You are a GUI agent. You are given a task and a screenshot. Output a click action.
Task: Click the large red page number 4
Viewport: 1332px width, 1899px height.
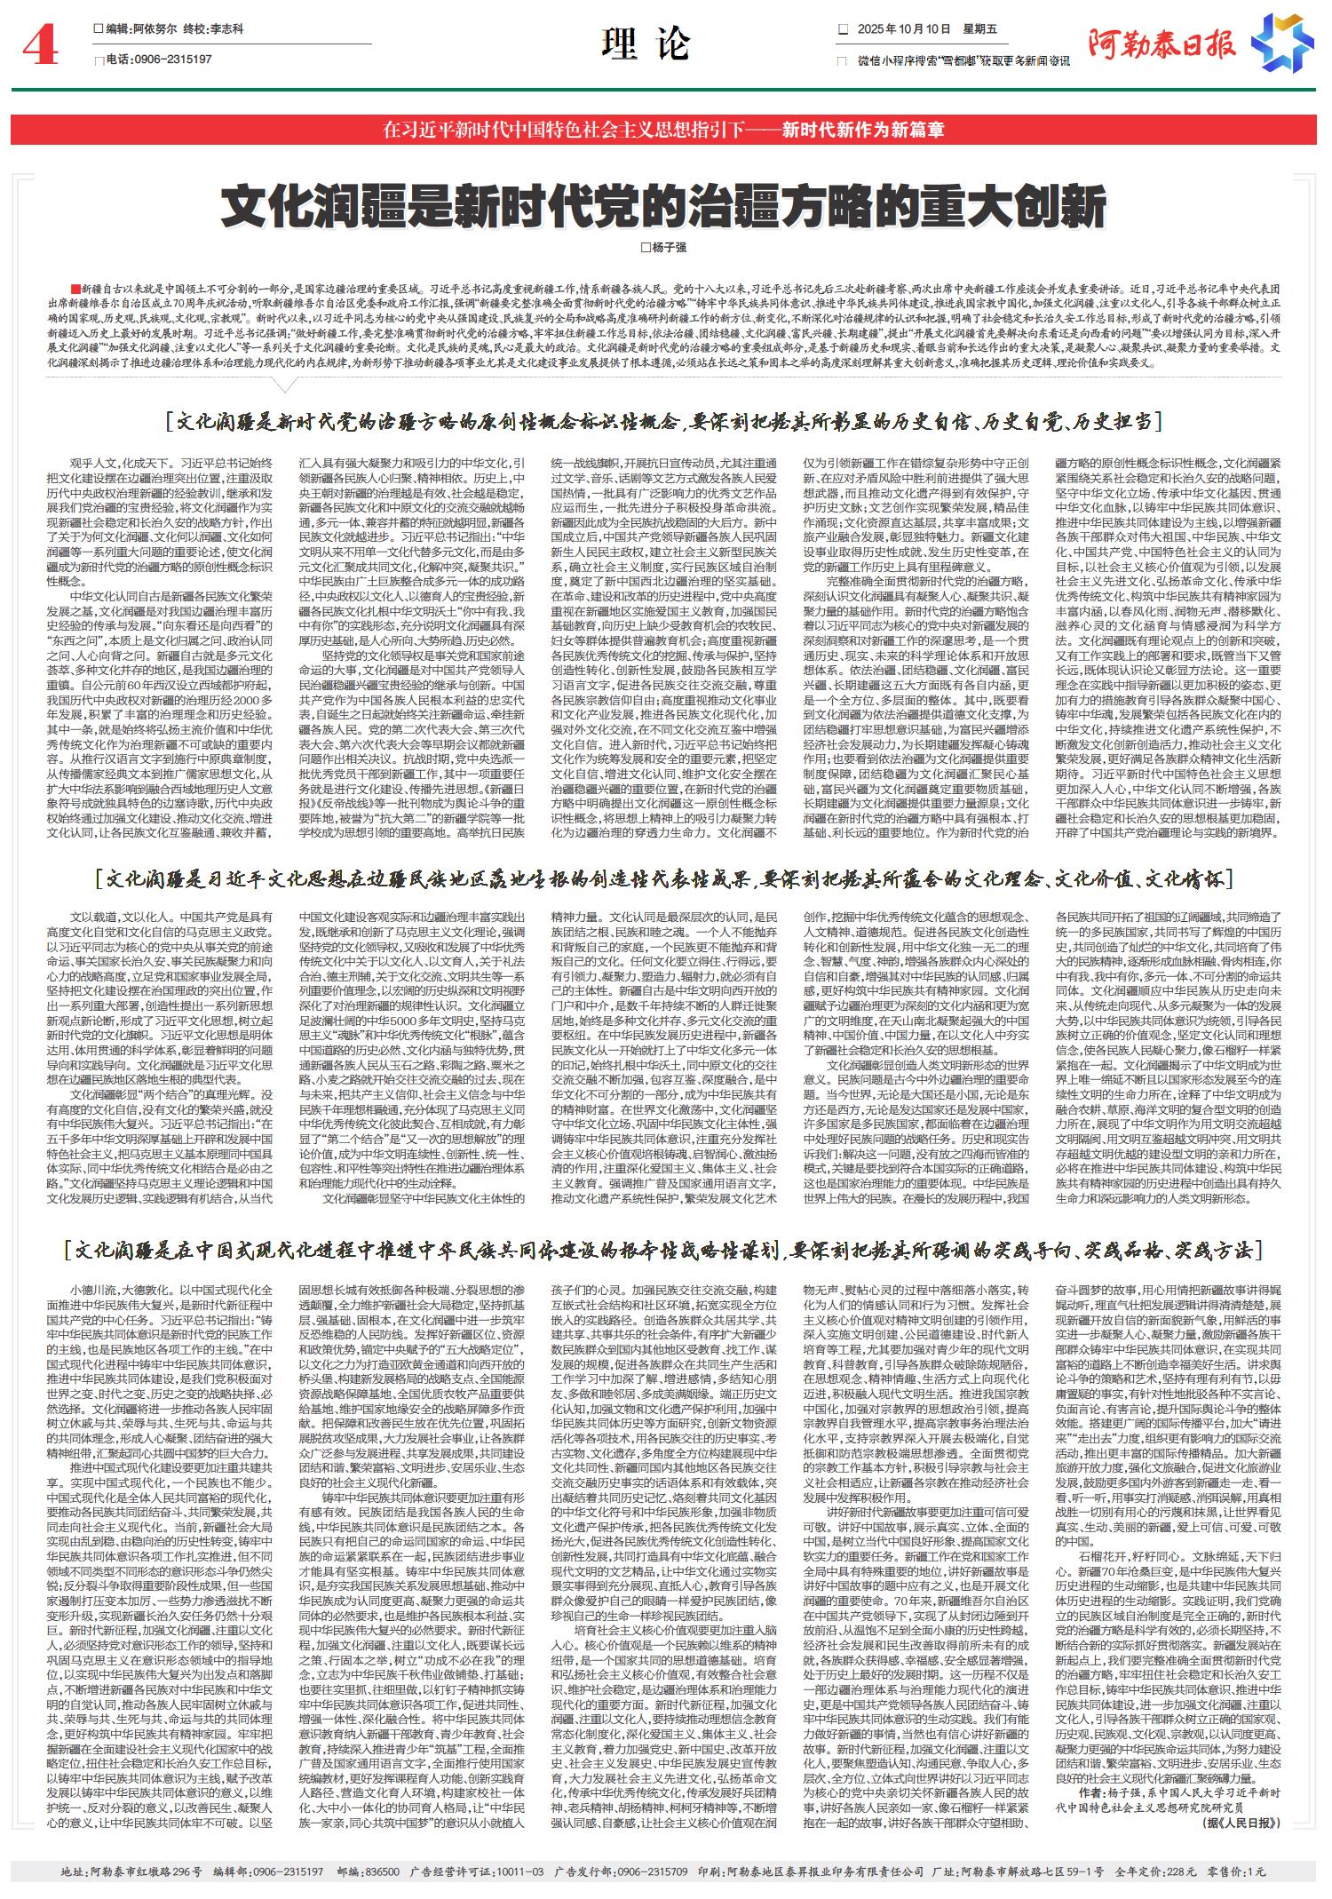[x=40, y=47]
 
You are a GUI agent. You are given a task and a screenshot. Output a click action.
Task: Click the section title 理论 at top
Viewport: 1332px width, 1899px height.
[x=646, y=44]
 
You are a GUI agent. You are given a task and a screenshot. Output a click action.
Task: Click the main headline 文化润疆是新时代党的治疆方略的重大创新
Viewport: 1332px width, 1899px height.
[x=663, y=206]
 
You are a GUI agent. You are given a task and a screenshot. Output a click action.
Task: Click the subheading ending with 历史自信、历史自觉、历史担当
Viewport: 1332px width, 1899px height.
[x=664, y=420]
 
